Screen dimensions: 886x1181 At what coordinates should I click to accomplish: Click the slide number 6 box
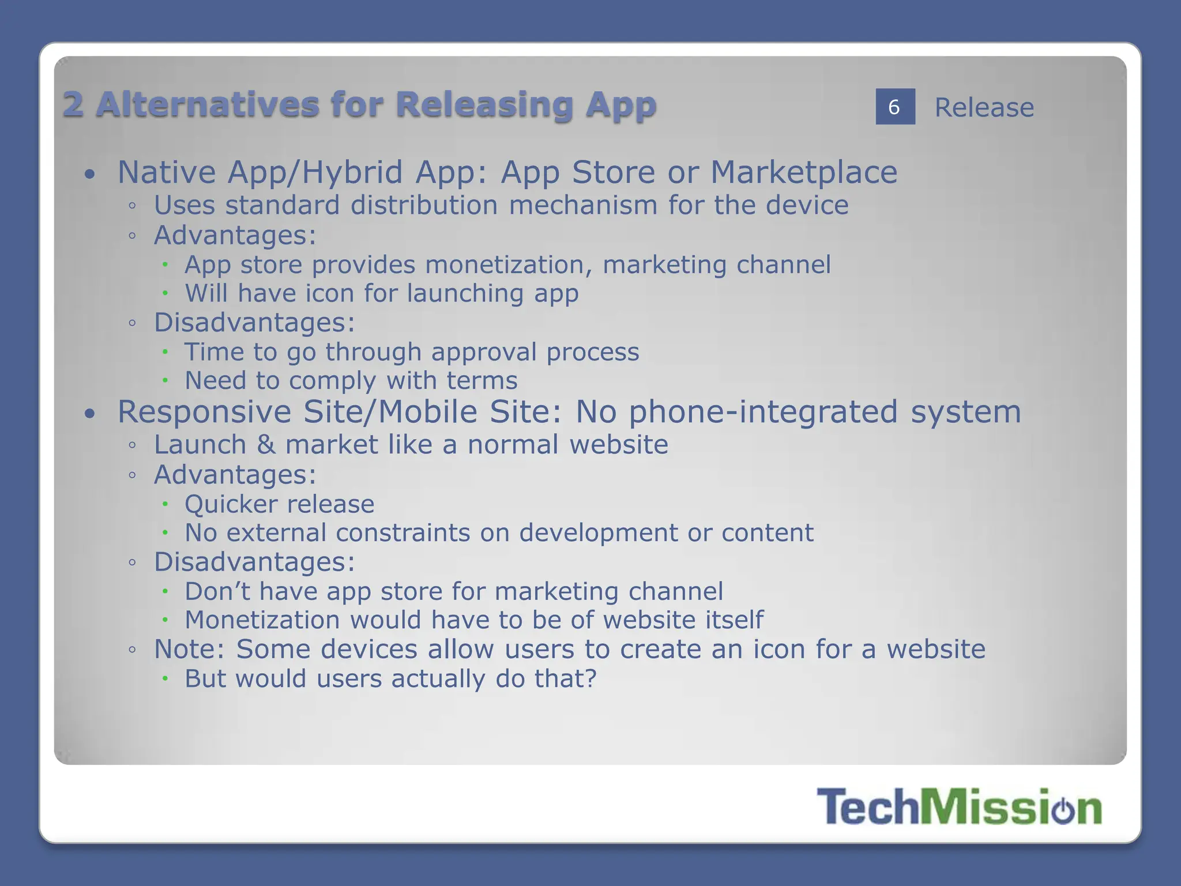(895, 107)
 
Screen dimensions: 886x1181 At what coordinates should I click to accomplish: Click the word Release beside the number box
(984, 108)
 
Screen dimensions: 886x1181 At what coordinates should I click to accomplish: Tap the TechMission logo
(959, 807)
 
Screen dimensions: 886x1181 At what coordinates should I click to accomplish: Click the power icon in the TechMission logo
(1063, 809)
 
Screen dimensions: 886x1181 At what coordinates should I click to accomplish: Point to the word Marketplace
(804, 172)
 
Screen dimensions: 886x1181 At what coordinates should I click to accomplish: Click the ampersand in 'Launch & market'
(266, 445)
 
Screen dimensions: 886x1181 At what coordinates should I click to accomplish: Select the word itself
(731, 620)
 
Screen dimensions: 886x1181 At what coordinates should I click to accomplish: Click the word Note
(188, 650)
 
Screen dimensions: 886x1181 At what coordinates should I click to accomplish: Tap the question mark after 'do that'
(590, 679)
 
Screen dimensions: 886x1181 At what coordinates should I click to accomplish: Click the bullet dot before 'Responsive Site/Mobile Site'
(89, 414)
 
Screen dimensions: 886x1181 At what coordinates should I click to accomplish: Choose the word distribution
(424, 205)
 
